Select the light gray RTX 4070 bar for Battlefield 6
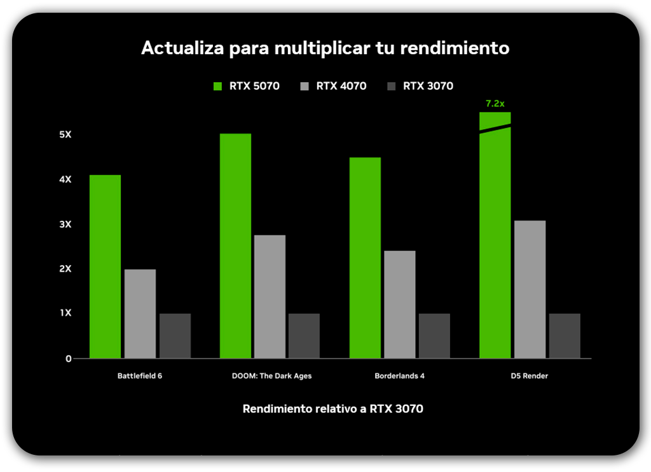point(140,314)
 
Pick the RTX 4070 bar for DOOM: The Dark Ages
point(270,296)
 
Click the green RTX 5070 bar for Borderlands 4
point(365,258)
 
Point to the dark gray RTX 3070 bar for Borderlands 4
point(434,335)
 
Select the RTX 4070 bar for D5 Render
point(530,289)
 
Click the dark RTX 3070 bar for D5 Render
point(565,335)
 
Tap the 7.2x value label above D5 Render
point(495,103)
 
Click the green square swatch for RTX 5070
point(217,86)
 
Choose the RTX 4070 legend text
point(341,86)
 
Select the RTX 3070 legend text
point(428,86)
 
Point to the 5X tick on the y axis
point(66,135)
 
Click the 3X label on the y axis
point(66,225)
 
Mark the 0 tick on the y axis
point(68,359)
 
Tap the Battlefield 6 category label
point(140,376)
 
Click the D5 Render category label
point(529,376)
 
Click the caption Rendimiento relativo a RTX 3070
point(332,409)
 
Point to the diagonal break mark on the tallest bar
point(495,129)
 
